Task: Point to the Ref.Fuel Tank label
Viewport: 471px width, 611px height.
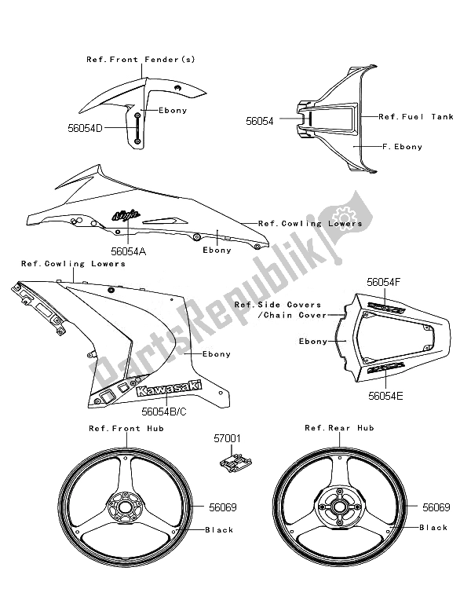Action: (x=416, y=116)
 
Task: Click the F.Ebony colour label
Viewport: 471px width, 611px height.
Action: (x=402, y=147)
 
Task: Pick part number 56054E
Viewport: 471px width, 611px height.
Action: (x=385, y=396)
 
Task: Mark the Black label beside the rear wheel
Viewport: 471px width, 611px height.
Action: (x=434, y=528)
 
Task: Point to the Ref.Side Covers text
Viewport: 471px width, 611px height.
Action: (x=279, y=304)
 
